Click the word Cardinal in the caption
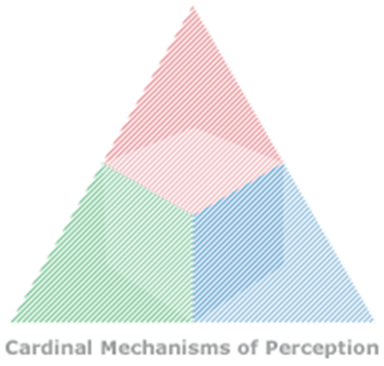click(49, 347)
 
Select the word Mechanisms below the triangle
click(165, 347)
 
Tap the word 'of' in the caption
click(247, 347)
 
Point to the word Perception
click(322, 349)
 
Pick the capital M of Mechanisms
click(109, 347)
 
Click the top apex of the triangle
click(192, 6)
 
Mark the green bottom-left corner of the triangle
click(12, 322)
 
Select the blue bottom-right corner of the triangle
click(374, 322)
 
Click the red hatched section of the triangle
click(192, 117)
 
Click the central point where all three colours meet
click(192, 214)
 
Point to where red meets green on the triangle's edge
click(104, 162)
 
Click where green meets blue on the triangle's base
click(193, 322)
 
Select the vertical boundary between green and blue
click(193, 268)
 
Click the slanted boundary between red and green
click(148, 189)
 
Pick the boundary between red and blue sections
click(238, 189)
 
